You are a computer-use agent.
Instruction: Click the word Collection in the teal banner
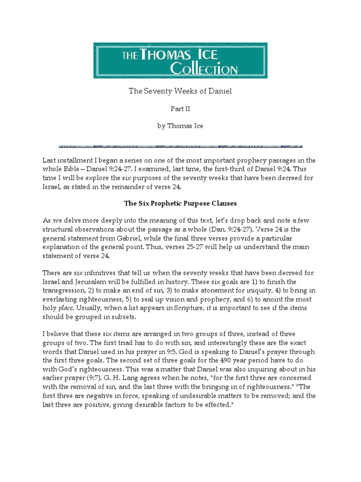[204, 69]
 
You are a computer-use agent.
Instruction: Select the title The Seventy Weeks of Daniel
[180, 91]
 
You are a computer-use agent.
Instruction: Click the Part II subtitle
[180, 109]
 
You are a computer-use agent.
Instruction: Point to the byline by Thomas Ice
[180, 126]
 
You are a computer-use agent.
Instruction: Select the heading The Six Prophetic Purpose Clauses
[180, 204]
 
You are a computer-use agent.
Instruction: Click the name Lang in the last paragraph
[116, 378]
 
